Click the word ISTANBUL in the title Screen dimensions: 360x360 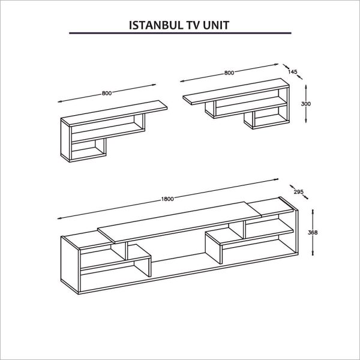point(156,25)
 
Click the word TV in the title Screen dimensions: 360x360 point(194,25)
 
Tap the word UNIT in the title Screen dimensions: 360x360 point(217,25)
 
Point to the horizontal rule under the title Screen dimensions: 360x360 point(180,33)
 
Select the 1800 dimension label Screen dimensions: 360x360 point(167,199)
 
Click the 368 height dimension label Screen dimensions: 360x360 point(313,232)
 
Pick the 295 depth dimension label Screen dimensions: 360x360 point(298,191)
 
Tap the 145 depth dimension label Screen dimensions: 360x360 point(293,71)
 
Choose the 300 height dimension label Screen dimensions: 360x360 point(306,104)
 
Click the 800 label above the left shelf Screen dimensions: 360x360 point(107,93)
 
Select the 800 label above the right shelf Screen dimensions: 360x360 point(229,73)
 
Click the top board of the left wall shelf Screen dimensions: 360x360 point(114,113)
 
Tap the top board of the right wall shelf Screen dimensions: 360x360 point(236,91)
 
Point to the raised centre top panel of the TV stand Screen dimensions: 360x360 point(179,222)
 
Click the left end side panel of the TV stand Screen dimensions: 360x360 point(70,265)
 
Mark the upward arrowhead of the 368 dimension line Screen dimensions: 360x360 point(313,211)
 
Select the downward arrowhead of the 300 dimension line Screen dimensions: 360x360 point(306,121)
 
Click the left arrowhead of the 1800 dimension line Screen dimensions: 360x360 point(59,218)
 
